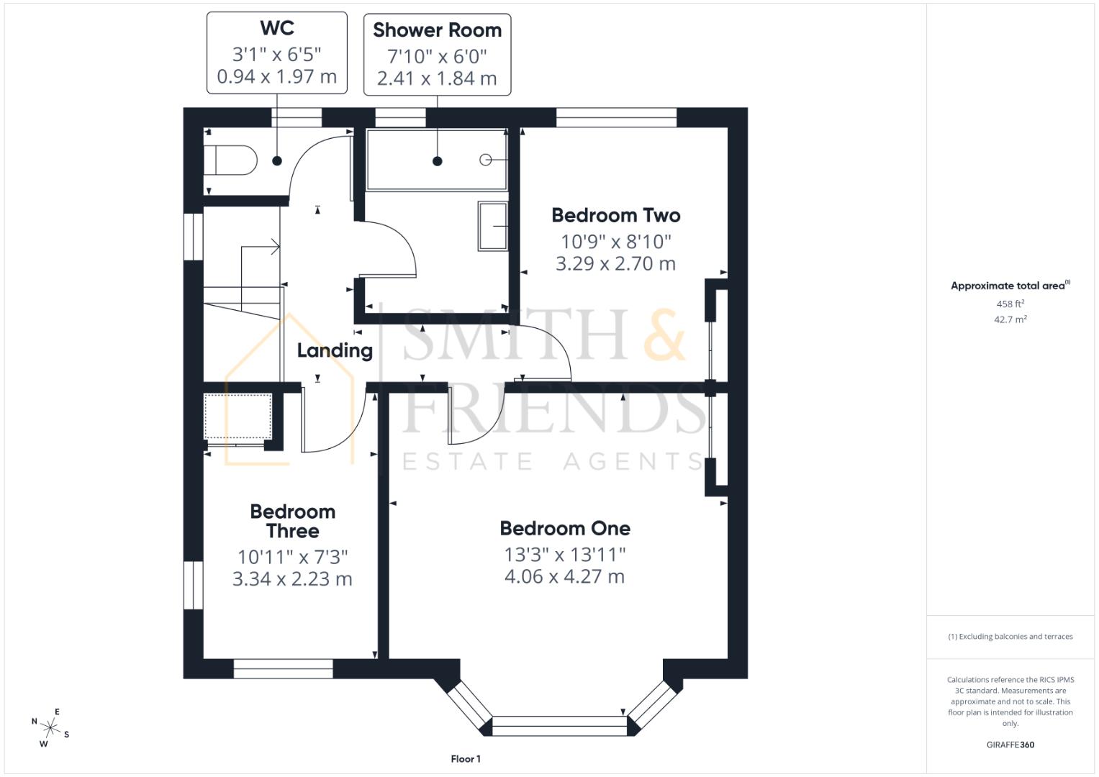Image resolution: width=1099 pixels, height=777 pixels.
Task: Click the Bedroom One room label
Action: click(565, 528)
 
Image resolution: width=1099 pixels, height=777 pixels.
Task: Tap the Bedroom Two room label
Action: click(615, 215)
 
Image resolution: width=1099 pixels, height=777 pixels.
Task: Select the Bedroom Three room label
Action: click(292, 522)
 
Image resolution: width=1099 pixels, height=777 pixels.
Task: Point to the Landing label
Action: click(335, 350)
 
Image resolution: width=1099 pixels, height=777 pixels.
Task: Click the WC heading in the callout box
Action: click(276, 28)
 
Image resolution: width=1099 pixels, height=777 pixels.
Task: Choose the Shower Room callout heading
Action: click(437, 30)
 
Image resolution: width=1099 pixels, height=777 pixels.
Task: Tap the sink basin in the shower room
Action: click(493, 227)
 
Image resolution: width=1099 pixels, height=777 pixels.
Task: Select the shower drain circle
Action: click(485, 160)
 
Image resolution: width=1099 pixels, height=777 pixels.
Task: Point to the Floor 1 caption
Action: click(466, 759)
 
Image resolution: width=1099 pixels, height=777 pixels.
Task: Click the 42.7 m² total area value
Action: click(1010, 319)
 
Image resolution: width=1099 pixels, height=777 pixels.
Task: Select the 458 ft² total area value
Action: click(1010, 304)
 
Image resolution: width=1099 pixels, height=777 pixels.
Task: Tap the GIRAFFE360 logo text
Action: click(1010, 745)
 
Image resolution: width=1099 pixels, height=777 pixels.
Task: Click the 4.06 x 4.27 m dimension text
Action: click(564, 577)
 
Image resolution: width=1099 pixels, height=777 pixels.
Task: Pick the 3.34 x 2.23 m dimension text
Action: click(292, 579)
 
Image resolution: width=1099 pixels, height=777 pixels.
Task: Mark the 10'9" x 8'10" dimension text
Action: click(615, 241)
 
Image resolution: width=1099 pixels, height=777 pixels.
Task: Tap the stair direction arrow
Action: click(273, 247)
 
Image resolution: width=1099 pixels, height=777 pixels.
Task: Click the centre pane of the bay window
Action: click(559, 726)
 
